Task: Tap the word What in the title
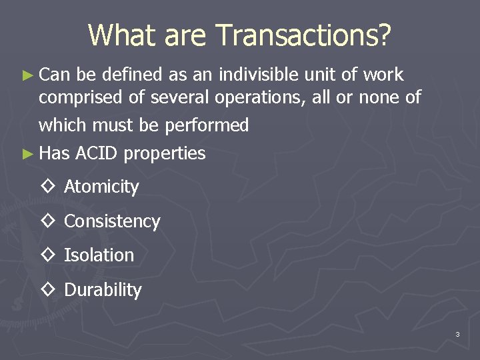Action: tap(117, 35)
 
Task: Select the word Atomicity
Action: tap(101, 187)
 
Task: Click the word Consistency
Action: tap(112, 221)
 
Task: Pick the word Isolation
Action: tap(99, 255)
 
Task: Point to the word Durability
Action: tap(103, 290)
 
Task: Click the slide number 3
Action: tap(457, 334)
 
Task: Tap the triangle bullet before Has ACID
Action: tap(27, 154)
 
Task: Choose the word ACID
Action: tap(97, 153)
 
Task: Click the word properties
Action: tap(165, 154)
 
